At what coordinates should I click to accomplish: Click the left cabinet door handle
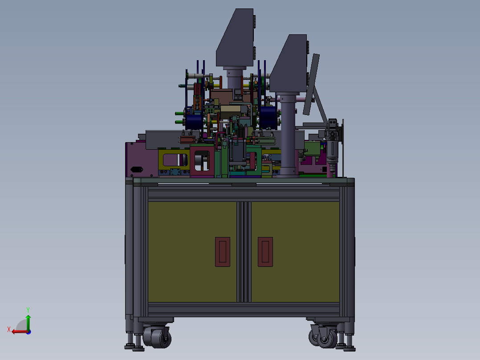[x=223, y=252]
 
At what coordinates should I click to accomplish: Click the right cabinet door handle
[x=265, y=252]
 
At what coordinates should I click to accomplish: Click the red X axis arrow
[x=17, y=331]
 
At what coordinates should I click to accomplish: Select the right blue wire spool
[x=268, y=117]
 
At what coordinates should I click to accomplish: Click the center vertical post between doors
[x=244, y=252]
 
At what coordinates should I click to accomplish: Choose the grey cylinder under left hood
[x=236, y=78]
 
